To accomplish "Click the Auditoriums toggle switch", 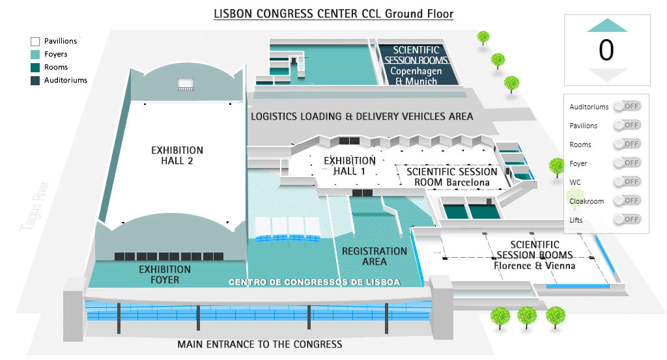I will click(627, 106).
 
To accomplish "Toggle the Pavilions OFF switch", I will click(627, 125).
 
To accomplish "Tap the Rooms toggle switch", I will click(627, 144).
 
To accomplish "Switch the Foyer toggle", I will click(627, 163).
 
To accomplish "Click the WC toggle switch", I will click(627, 182).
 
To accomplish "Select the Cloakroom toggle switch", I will click(627, 201).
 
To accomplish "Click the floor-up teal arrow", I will click(606, 25).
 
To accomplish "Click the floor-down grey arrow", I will click(606, 74).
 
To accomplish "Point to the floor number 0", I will click(606, 50).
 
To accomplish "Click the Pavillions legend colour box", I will click(35, 42).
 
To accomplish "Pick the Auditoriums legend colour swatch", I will click(35, 81).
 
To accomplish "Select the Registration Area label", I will click(374, 256).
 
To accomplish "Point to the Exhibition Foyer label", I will click(165, 275).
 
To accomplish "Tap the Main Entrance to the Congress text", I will click(259, 344).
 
